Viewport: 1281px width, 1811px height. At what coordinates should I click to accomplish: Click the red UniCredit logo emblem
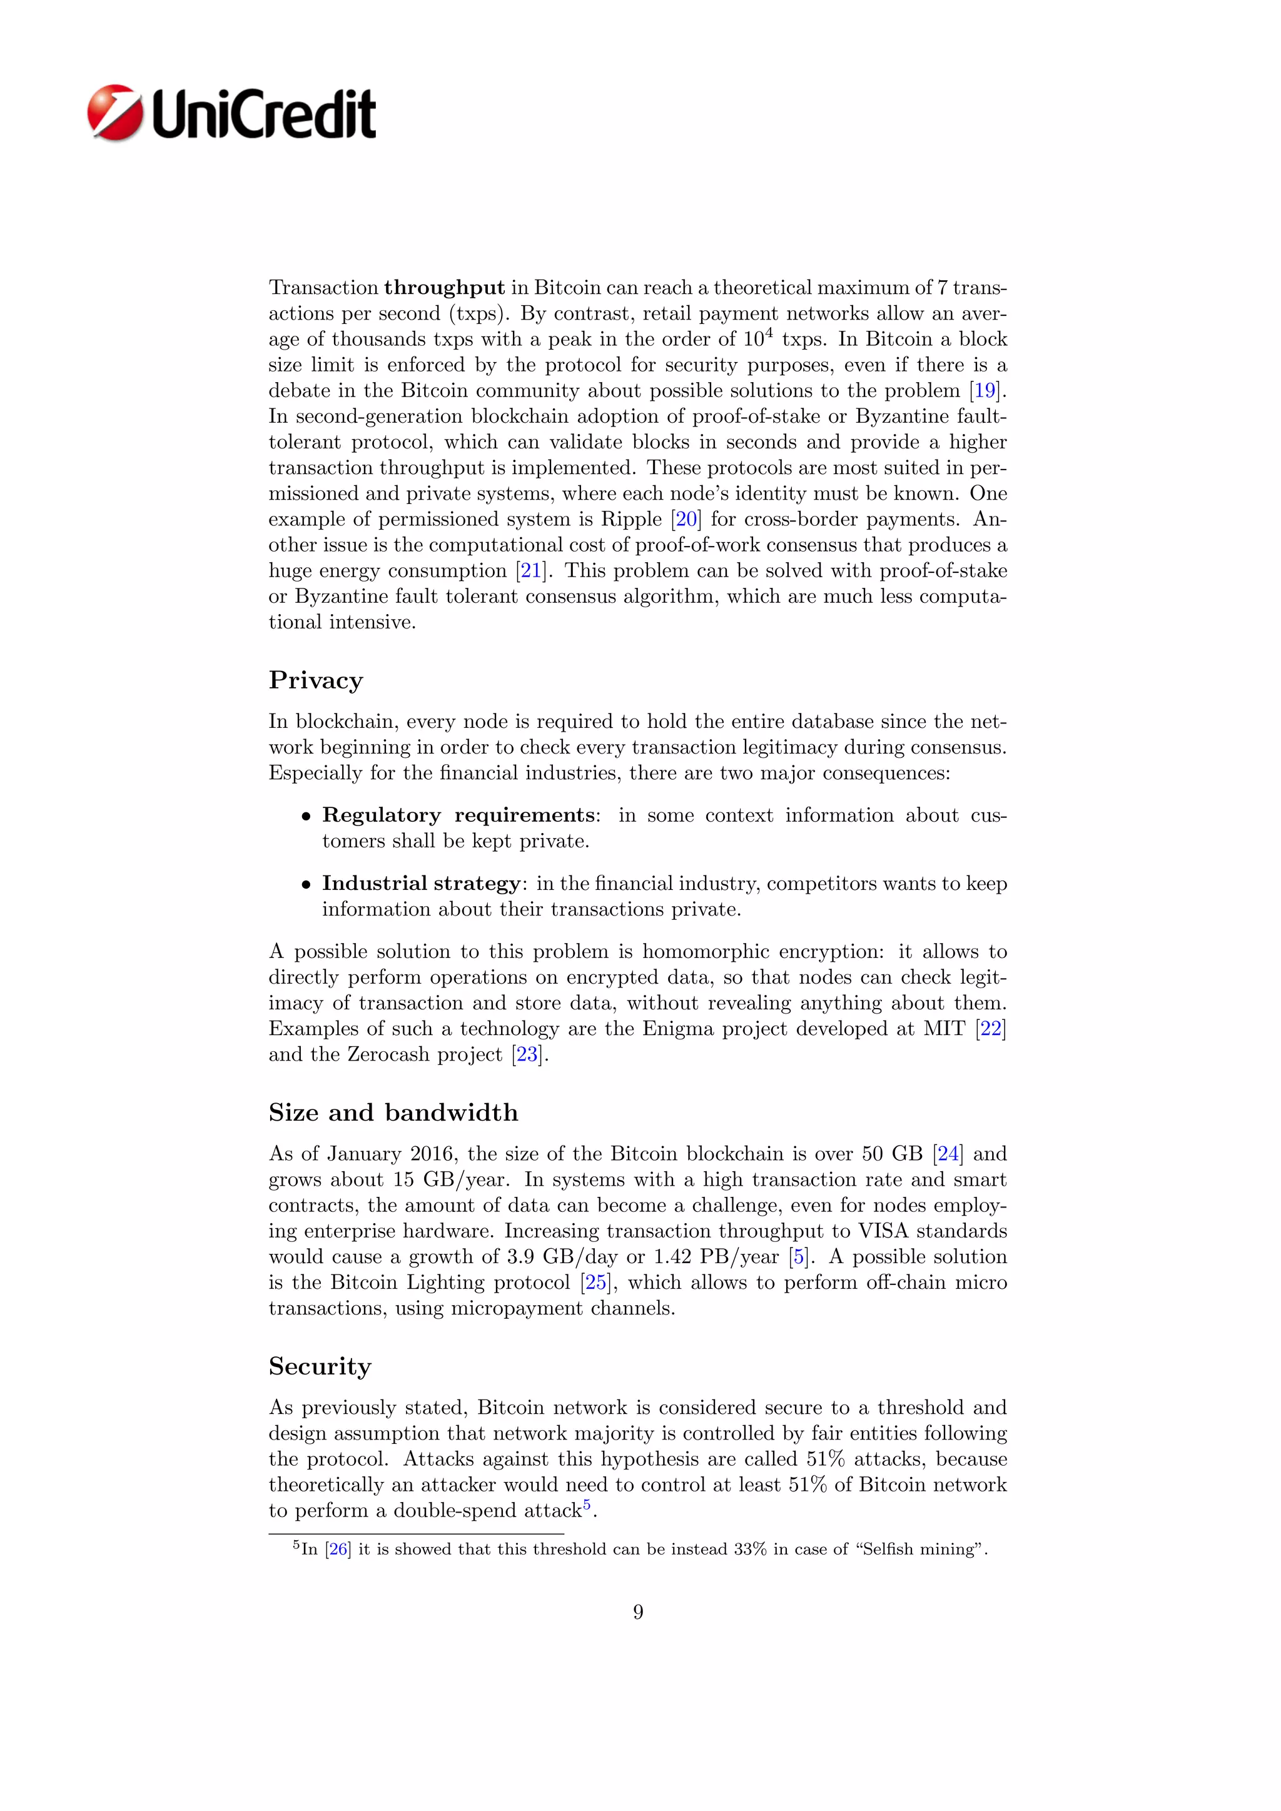coord(115,113)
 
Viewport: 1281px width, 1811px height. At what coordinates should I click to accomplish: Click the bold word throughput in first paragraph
coord(444,288)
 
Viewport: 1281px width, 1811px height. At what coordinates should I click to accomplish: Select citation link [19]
coord(985,390)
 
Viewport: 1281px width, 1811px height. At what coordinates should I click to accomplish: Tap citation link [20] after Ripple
coord(686,519)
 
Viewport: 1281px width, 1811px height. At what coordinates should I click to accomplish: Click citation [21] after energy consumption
coord(531,570)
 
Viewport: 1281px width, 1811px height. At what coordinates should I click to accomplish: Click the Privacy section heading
coord(315,680)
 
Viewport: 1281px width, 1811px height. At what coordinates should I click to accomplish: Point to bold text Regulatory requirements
coord(459,815)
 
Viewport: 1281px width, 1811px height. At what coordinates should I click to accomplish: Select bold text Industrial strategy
coord(420,884)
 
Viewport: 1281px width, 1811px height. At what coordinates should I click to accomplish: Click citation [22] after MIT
coord(990,1029)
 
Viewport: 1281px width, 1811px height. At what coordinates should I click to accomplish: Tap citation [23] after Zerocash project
coord(527,1054)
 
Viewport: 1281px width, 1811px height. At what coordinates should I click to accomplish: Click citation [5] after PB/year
coord(799,1256)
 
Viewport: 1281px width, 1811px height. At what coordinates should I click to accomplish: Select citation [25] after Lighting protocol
coord(595,1283)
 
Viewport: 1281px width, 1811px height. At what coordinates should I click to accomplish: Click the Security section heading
coord(320,1366)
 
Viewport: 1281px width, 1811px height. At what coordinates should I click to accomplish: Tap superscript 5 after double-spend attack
coord(587,1504)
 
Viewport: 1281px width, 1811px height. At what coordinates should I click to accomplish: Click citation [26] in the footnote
coord(338,1549)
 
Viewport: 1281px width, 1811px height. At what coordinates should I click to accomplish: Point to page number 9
coord(638,1612)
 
